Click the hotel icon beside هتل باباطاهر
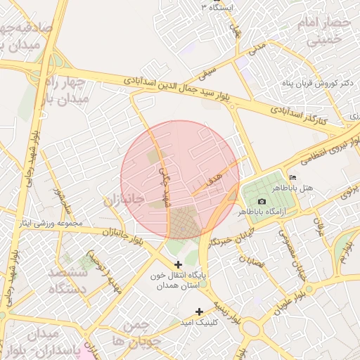tap(293, 177)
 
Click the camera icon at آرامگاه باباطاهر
tap(262, 201)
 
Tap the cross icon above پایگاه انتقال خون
tap(178, 264)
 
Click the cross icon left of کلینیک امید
tap(200, 311)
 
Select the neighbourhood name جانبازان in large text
tap(124, 200)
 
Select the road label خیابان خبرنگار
tap(229, 239)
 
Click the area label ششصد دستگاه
tap(69, 280)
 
